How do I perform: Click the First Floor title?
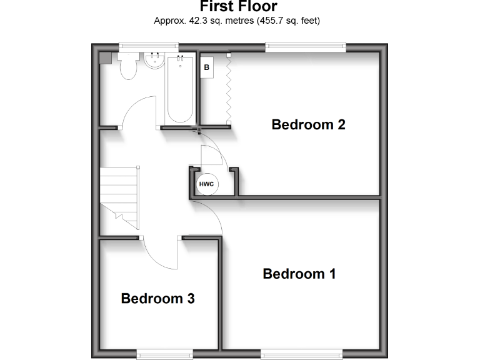click(x=239, y=6)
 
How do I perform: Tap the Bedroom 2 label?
click(x=308, y=124)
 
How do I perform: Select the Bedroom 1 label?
click(x=299, y=274)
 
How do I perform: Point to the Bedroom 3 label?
click(x=157, y=299)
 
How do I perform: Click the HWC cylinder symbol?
click(x=206, y=184)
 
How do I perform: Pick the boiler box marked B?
click(x=206, y=66)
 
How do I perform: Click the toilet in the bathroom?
click(x=128, y=65)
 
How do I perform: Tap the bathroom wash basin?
click(x=153, y=61)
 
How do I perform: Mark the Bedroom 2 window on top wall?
click(x=306, y=45)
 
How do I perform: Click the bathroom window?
click(x=149, y=45)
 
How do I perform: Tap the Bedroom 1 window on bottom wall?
click(x=302, y=354)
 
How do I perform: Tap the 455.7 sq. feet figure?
click(x=287, y=21)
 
